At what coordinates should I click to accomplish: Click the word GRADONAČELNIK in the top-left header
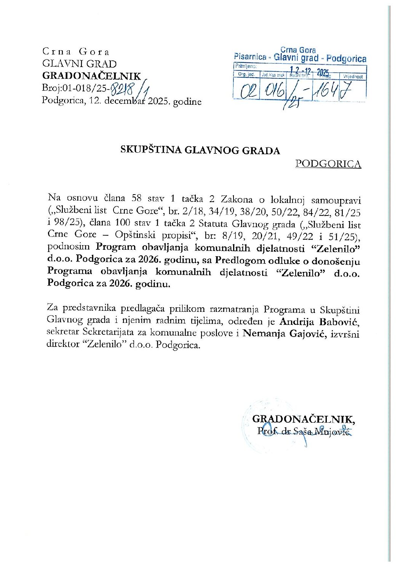91,76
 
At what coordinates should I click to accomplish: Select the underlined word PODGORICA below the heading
328,164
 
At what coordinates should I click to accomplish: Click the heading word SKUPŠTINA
152,150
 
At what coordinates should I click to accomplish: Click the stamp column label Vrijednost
353,77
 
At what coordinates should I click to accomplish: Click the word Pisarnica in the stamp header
250,57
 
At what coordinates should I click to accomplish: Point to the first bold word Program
115,247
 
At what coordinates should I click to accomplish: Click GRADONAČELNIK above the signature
303,419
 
